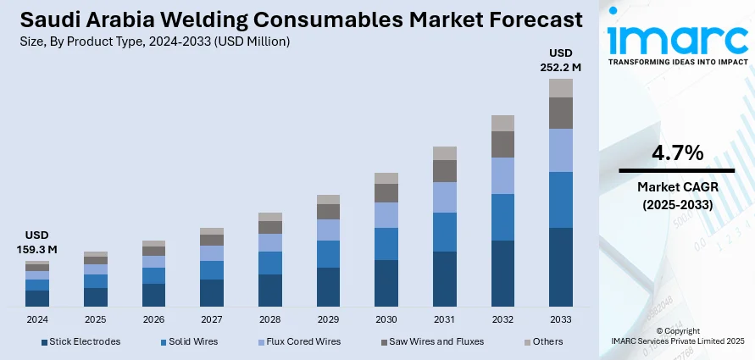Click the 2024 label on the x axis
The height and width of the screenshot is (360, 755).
(x=37, y=319)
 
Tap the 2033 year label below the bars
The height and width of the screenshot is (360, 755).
(x=561, y=319)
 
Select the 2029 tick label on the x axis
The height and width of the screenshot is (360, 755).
(x=328, y=319)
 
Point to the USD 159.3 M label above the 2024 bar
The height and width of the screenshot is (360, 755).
(x=37, y=242)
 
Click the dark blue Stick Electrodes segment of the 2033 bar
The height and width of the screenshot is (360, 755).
(x=561, y=267)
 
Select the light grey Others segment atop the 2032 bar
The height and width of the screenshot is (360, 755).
(x=503, y=123)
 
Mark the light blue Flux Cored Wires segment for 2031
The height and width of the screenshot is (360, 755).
(x=445, y=197)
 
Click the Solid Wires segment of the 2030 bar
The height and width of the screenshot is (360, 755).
(x=386, y=244)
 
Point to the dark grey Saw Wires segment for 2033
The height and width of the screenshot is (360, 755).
(x=561, y=113)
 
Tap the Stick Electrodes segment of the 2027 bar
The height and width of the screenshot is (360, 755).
(x=212, y=292)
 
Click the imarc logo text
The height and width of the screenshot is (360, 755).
(x=675, y=38)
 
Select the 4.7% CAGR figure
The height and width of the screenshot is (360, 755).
(x=677, y=153)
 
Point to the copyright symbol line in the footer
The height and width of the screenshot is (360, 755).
(x=677, y=330)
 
